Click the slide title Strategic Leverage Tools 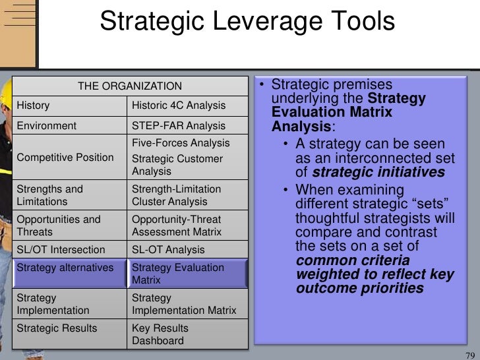(247, 22)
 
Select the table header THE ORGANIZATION (130, 86)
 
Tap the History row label (33, 105)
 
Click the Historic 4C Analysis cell (179, 105)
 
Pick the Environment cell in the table (47, 125)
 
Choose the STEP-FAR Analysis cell (179, 125)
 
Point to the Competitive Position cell (65, 158)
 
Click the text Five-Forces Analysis (181, 143)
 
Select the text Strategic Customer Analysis (177, 165)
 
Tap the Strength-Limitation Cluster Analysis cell (177, 195)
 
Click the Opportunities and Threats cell (59, 225)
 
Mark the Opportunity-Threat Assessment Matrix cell (177, 225)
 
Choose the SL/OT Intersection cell (61, 250)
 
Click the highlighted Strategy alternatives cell (65, 268)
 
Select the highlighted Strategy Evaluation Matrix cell (178, 274)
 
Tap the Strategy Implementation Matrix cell (184, 304)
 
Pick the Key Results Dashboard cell (160, 334)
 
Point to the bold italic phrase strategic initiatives (378, 173)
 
